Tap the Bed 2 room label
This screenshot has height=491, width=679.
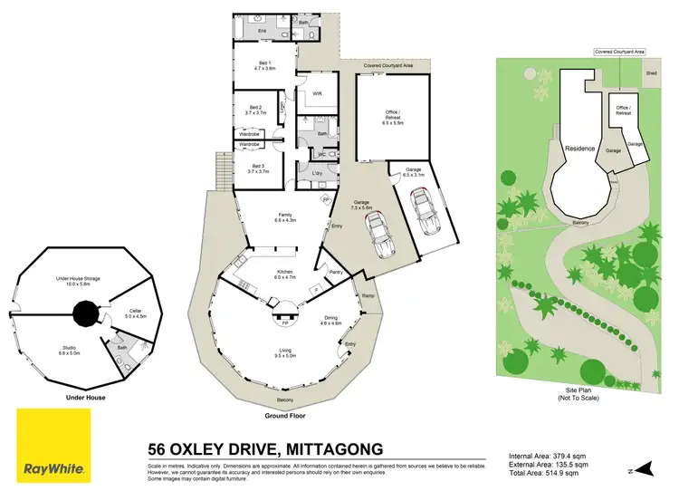coord(255,110)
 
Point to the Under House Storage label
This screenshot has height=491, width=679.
coord(75,280)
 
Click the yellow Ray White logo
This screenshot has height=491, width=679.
coord(53,445)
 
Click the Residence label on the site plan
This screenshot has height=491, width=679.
coord(580,148)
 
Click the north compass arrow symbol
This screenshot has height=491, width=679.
coord(645,468)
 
